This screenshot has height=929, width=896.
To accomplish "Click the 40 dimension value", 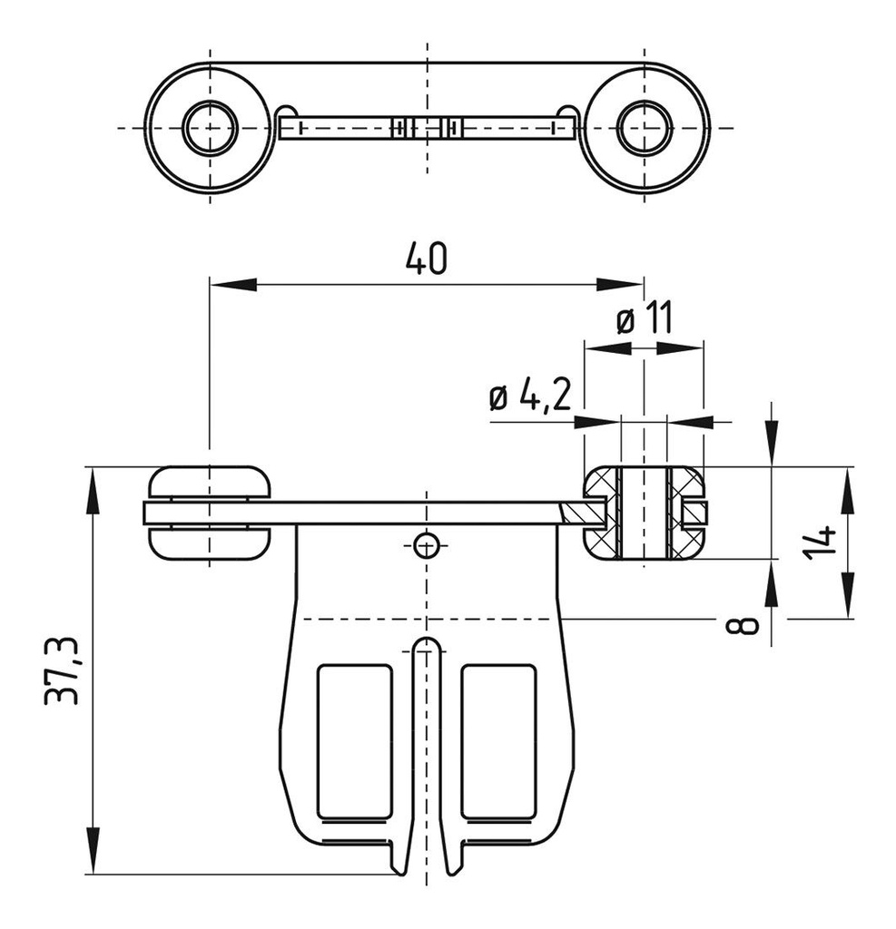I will (425, 258).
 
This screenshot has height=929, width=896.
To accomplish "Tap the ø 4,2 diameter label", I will (531, 397).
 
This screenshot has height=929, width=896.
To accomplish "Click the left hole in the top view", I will (210, 128).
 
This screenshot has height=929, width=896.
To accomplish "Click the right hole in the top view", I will (644, 128).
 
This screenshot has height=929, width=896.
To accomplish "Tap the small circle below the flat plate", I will (425, 545).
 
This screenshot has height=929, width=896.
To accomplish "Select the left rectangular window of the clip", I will (354, 740).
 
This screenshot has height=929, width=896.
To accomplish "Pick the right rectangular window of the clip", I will (498, 740).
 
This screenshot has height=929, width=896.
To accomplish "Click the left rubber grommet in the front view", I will (209, 513).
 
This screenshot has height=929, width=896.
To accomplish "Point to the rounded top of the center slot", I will (425, 645).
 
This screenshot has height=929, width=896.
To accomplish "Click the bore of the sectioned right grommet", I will (644, 513).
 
